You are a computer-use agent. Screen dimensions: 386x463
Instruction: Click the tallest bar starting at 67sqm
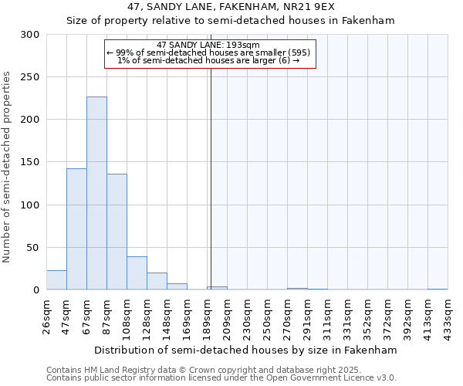[x=96, y=193]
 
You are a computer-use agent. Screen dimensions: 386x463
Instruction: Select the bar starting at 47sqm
[x=76, y=229]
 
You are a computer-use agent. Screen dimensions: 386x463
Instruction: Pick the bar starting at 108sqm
[x=137, y=273]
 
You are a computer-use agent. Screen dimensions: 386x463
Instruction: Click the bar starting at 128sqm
[x=157, y=281]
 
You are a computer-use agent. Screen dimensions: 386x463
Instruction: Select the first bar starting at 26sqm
[x=56, y=280]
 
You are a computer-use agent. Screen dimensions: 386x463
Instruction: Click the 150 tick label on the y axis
[x=32, y=162]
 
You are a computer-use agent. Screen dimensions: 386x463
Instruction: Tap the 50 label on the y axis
[x=35, y=248]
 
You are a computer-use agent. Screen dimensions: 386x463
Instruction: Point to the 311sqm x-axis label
[x=327, y=317]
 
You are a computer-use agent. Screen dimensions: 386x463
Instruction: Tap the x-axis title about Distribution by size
[x=246, y=350]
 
